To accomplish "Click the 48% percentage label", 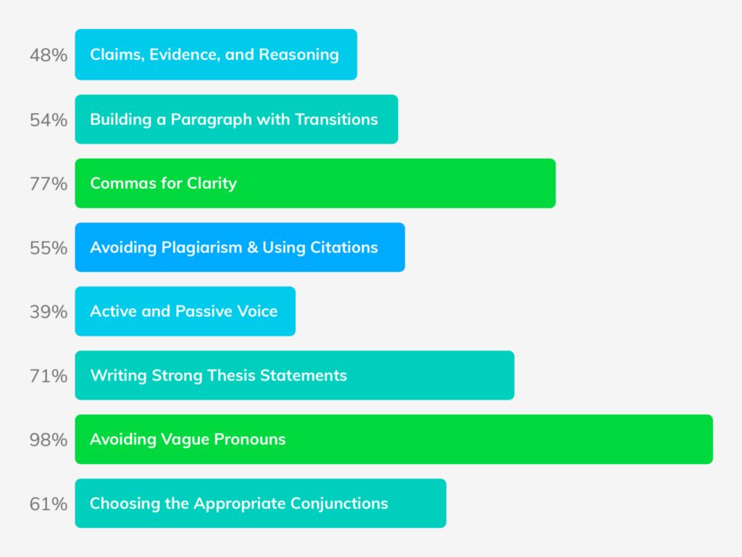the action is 49,55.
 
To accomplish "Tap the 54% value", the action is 49,120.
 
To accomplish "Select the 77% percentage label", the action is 49,183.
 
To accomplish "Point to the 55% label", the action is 49,248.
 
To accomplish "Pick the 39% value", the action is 49,312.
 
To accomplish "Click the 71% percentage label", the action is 49,376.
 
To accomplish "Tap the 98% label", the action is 49,440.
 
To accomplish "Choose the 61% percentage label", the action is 49,503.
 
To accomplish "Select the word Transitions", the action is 336,120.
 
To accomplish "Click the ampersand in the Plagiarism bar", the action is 252,247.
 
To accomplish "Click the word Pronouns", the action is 249,439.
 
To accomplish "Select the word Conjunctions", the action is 339,503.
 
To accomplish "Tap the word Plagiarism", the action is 201,248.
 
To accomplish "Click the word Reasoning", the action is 299,55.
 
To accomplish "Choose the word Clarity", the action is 212,183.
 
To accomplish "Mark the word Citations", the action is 344,247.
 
